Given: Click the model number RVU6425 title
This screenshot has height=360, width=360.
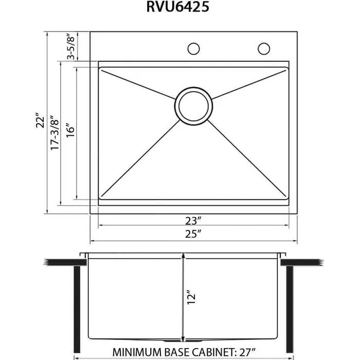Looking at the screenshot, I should click(x=179, y=8).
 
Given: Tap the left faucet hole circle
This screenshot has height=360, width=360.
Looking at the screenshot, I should click(x=193, y=49).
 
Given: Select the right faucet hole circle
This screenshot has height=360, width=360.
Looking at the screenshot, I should click(x=264, y=49).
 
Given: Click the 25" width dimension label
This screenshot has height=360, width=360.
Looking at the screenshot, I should click(x=193, y=234).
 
